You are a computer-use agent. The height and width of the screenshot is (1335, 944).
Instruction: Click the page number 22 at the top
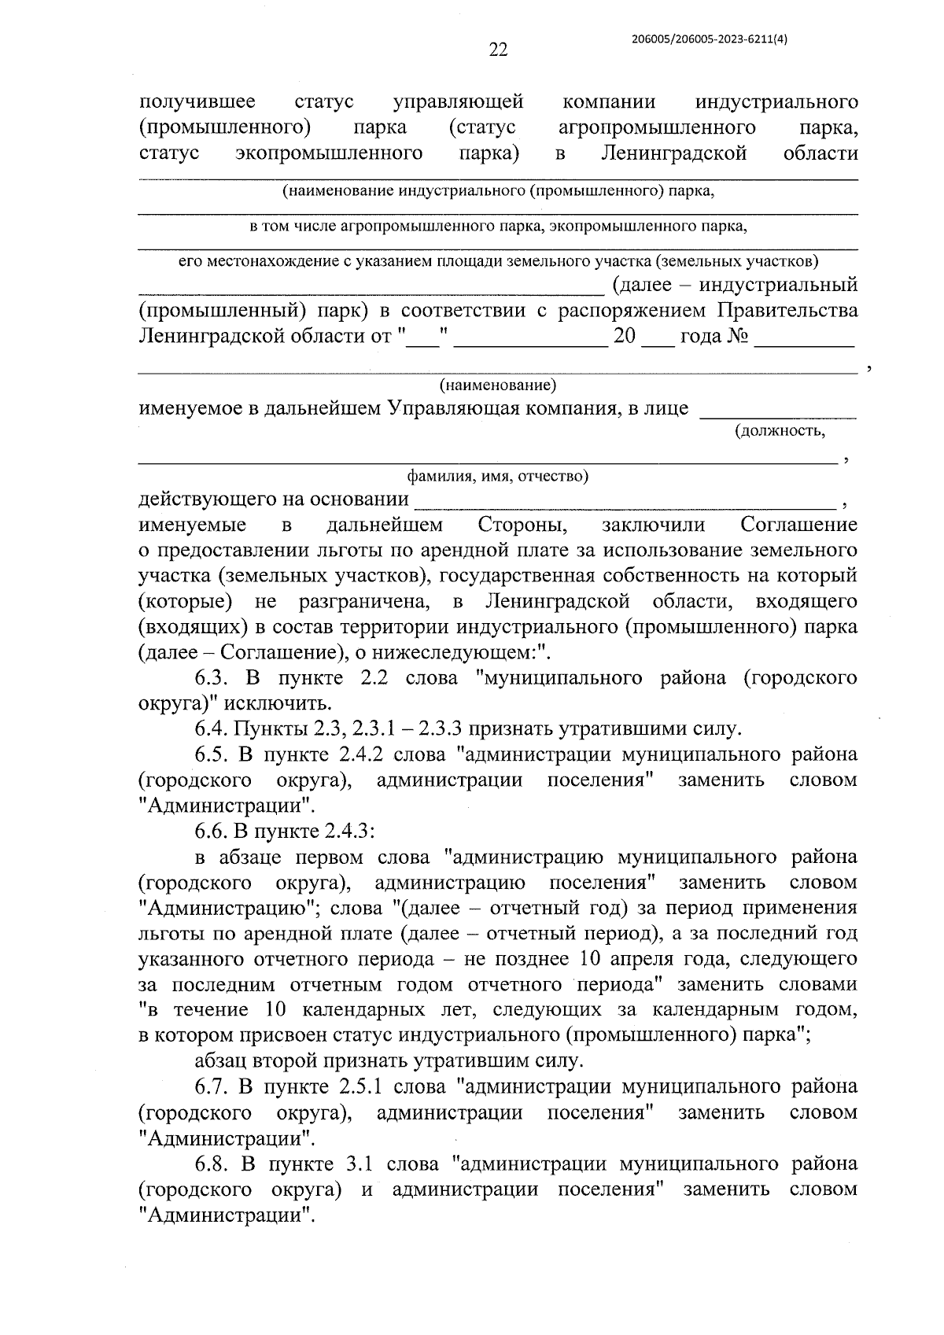point(498,50)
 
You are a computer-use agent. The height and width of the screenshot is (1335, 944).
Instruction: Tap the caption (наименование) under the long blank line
point(497,385)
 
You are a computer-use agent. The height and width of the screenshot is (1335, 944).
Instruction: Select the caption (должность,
point(780,431)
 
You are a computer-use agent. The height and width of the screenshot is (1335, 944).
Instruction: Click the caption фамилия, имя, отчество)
point(497,476)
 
